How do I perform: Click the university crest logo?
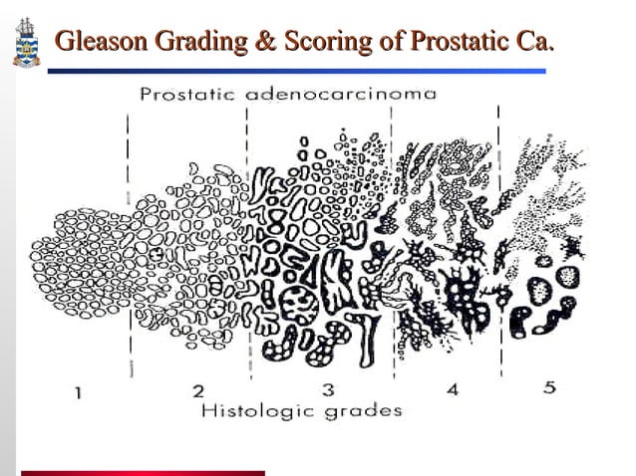(23, 42)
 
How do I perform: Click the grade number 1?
(79, 391)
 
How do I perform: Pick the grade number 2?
(197, 390)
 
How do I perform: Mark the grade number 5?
(548, 387)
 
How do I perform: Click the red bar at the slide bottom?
(144, 472)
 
